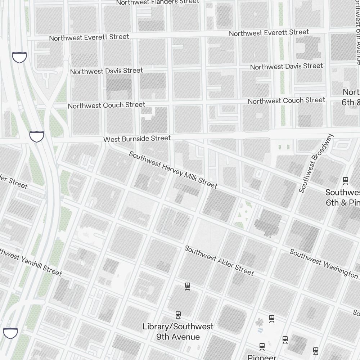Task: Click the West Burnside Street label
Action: pyautogui.click(x=137, y=139)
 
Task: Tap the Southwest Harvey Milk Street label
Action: pyautogui.click(x=173, y=170)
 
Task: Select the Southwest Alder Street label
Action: pyautogui.click(x=219, y=260)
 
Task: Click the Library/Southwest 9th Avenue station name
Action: pyautogui.click(x=178, y=332)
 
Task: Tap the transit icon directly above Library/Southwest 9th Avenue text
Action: pyautogui.click(x=178, y=315)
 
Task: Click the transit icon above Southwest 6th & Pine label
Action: pyautogui.click(x=346, y=181)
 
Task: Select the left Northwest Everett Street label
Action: pyautogui.click(x=89, y=37)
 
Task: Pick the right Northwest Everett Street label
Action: pyautogui.click(x=269, y=33)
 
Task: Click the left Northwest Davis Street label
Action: pyautogui.click(x=107, y=71)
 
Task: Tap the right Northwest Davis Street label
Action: pyautogui.click(x=287, y=66)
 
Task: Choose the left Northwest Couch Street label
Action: pyautogui.click(x=107, y=105)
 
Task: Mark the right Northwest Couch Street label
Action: pyautogui.click(x=287, y=101)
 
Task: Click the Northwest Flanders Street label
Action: pyautogui.click(x=157, y=2)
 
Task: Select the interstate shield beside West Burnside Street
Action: pyautogui.click(x=37, y=136)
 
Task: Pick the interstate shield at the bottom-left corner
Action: pyautogui.click(x=10, y=333)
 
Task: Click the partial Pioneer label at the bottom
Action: pyautogui.click(x=262, y=357)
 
